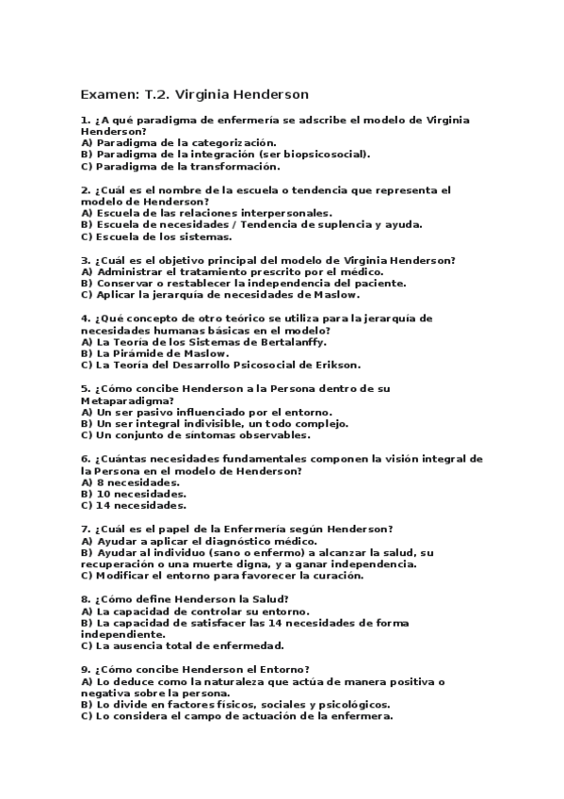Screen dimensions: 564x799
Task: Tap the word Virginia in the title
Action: point(212,94)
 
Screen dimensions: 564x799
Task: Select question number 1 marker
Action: point(86,121)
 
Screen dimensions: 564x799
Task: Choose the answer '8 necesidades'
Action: point(137,481)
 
